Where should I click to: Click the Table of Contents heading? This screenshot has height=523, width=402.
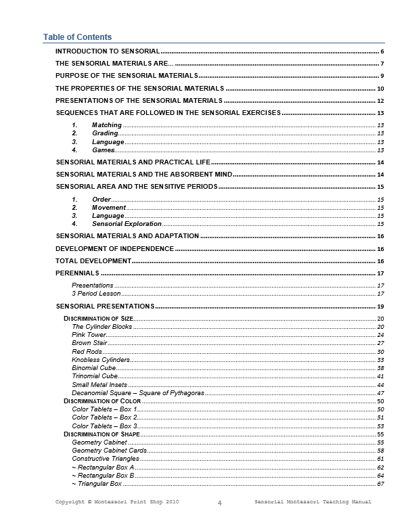pyautogui.click(x=77, y=37)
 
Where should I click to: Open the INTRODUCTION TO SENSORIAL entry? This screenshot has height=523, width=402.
pyautogui.click(x=107, y=51)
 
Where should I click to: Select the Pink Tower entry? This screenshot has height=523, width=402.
pyautogui.click(x=89, y=335)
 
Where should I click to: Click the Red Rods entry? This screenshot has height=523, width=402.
pyautogui.click(x=87, y=352)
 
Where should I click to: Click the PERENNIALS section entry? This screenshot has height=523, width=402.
pyautogui.click(x=77, y=273)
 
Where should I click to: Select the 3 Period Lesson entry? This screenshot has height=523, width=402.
pyautogui.click(x=96, y=294)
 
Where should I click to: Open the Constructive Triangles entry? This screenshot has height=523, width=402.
pyautogui.click(x=106, y=459)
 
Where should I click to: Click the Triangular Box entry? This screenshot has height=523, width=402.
pyautogui.click(x=99, y=484)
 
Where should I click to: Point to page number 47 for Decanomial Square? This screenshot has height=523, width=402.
pyautogui.click(x=380, y=393)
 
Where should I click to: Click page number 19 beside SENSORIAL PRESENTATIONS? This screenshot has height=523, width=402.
pyautogui.click(x=380, y=307)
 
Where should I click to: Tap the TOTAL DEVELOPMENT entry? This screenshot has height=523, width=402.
pyautogui.click(x=93, y=260)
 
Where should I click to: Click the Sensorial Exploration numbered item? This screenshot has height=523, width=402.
pyautogui.click(x=127, y=223)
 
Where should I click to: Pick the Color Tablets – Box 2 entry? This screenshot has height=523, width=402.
pyautogui.click(x=105, y=417)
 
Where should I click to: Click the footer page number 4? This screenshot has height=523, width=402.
pyautogui.click(x=220, y=503)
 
